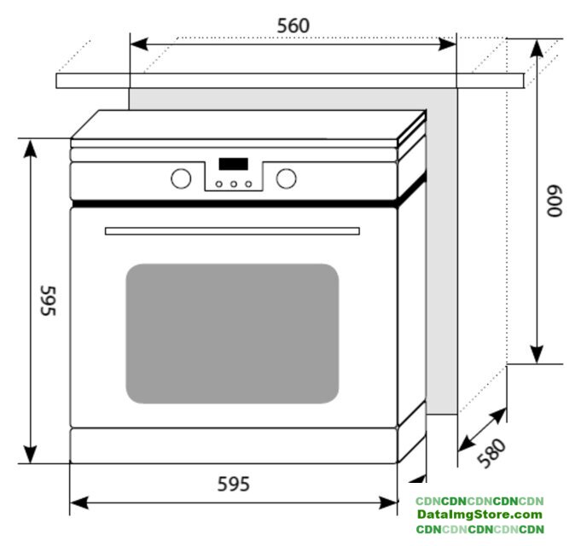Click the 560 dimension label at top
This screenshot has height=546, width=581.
tap(293, 26)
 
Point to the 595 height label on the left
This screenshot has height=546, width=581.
tap(48, 300)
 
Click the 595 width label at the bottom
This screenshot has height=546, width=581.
tap(233, 485)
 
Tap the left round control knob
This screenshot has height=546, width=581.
tap(181, 178)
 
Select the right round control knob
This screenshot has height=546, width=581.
tap(287, 178)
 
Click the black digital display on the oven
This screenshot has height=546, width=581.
tap(233, 164)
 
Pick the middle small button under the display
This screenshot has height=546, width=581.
tap(234, 183)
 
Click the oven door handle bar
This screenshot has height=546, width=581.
tap(232, 230)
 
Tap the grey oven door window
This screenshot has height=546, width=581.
tap(232, 333)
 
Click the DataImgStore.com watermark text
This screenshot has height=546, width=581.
tap(479, 514)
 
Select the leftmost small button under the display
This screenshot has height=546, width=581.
tap(219, 183)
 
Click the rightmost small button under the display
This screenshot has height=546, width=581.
tap(248, 183)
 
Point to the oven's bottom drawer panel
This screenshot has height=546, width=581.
tap(233, 444)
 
